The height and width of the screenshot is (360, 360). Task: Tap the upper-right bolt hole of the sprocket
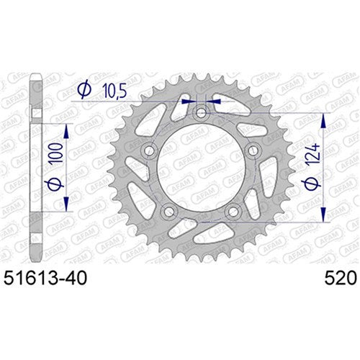pos(253,151)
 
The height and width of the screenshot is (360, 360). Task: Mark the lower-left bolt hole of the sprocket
pos(168,212)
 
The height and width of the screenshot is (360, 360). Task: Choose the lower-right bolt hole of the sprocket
pos(233,212)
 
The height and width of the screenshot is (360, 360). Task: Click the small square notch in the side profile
pos(32,113)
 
